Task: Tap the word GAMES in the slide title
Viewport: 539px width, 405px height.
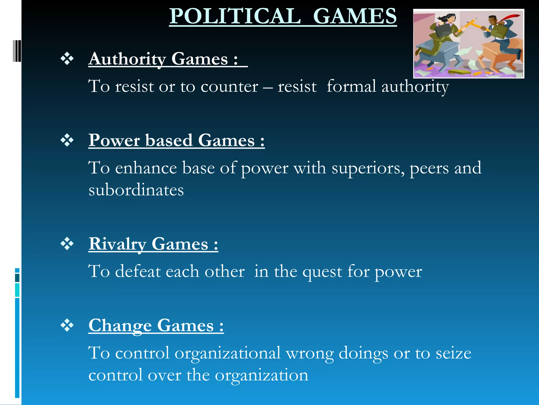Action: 355,16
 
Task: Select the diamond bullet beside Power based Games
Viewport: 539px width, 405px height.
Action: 67,140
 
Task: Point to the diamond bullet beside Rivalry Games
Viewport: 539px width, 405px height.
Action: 67,244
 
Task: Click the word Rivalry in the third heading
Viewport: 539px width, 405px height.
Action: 117,244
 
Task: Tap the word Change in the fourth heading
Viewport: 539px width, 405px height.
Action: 120,326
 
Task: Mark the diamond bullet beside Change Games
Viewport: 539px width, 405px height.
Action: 67,325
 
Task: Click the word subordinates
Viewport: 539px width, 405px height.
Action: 136,190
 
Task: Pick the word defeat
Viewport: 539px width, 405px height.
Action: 138,271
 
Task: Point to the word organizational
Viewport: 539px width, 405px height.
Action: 228,354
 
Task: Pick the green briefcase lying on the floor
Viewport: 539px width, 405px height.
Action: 459,72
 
